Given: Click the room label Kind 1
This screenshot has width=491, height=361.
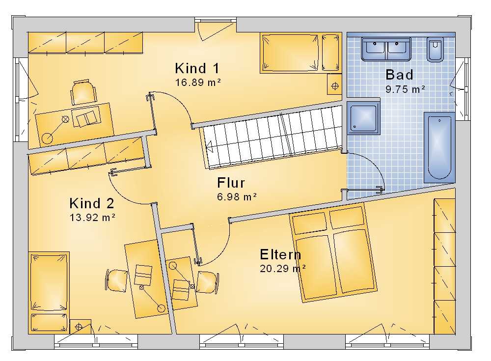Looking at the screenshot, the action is pyautogui.click(x=197, y=68).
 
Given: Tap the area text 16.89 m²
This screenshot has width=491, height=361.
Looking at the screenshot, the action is pyautogui.click(x=198, y=83).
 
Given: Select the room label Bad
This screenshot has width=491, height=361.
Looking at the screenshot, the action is pyautogui.click(x=399, y=75).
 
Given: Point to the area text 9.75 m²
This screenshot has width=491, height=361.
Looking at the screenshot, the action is pyautogui.click(x=405, y=89).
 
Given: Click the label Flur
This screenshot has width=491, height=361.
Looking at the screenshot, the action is pyautogui.click(x=231, y=182).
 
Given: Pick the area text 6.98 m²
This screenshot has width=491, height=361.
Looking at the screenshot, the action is pyautogui.click(x=237, y=197).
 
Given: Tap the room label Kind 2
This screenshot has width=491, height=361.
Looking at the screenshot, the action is pyautogui.click(x=92, y=203).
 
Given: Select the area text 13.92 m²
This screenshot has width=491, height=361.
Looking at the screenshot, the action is pyautogui.click(x=92, y=217).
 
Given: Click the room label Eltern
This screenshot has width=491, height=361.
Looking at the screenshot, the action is pyautogui.click(x=280, y=254).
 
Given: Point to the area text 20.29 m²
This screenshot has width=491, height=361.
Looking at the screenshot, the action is pyautogui.click(x=283, y=269).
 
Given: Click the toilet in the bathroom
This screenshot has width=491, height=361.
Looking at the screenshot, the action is pyautogui.click(x=435, y=50).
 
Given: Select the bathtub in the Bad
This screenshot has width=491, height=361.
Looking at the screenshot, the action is pyautogui.click(x=439, y=147).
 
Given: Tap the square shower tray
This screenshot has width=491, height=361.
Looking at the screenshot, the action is pyautogui.click(x=363, y=118).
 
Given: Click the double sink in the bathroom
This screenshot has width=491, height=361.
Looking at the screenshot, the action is pyautogui.click(x=386, y=49).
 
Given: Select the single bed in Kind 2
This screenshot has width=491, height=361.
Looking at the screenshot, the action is pyautogui.click(x=49, y=292).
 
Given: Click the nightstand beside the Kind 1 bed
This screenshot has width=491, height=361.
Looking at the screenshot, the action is pyautogui.click(x=335, y=84).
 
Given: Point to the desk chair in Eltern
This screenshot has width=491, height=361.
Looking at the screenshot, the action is pyautogui.click(x=207, y=282).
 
